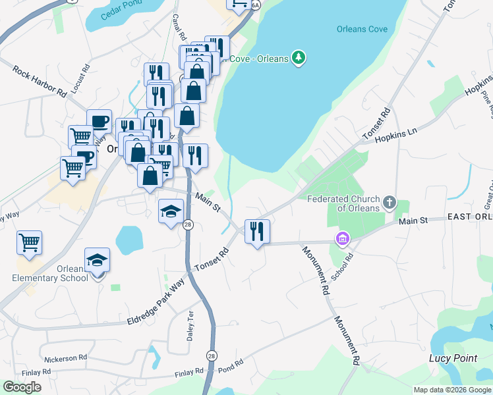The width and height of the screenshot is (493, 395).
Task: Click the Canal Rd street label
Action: (x=176, y=26)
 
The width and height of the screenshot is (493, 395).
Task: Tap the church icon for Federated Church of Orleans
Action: (x=390, y=202)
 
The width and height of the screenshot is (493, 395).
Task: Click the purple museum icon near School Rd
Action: (x=343, y=238)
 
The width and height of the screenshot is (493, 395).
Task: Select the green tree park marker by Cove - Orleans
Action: (x=299, y=58)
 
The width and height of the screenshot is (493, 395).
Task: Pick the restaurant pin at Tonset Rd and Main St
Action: (x=257, y=231)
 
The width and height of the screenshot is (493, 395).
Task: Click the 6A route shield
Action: (x=256, y=5)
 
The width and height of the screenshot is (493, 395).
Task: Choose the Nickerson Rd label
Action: (x=66, y=359)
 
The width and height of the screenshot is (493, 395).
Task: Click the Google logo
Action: (x=22, y=386)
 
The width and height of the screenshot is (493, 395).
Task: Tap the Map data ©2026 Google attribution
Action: (x=452, y=390)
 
